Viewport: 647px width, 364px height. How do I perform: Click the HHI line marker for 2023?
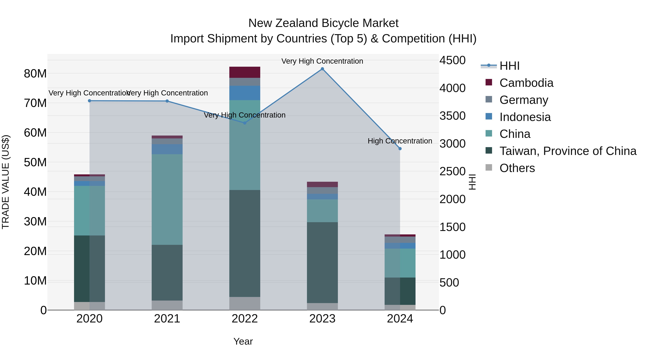click(x=322, y=69)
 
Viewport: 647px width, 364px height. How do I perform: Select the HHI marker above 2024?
click(x=400, y=149)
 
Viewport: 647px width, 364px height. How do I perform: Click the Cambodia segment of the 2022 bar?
click(x=245, y=72)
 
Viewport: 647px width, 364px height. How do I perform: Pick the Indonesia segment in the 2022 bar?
click(x=245, y=93)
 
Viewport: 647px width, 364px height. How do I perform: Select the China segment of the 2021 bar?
click(x=167, y=200)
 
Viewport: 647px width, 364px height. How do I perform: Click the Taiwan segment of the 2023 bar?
click(x=322, y=262)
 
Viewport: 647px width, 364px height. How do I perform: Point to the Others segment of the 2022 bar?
click(x=245, y=303)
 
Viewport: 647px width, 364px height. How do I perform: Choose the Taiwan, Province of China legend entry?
click(x=568, y=151)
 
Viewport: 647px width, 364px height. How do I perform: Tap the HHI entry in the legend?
click(x=509, y=66)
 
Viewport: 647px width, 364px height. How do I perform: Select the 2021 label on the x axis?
click(x=167, y=319)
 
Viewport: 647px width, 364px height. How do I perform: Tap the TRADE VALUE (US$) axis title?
click(x=6, y=182)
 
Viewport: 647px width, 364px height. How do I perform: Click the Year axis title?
click(x=243, y=341)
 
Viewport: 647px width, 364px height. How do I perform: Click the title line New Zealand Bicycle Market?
click(x=323, y=23)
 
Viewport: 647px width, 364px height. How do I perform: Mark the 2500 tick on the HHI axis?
click(x=452, y=172)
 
